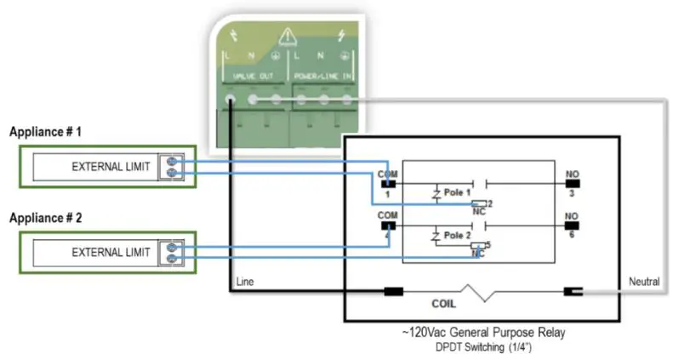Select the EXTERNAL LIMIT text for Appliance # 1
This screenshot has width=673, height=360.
click(x=111, y=167)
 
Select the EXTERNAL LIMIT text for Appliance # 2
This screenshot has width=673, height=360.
click(x=111, y=252)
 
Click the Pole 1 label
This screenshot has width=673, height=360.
click(x=458, y=193)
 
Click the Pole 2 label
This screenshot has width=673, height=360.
click(x=458, y=234)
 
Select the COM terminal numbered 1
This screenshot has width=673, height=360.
click(x=388, y=182)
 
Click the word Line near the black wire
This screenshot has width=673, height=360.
click(x=243, y=281)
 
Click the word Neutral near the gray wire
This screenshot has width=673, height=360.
click(x=643, y=281)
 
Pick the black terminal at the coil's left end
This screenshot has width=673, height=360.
click(x=393, y=292)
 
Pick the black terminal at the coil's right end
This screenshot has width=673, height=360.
click(x=573, y=292)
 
